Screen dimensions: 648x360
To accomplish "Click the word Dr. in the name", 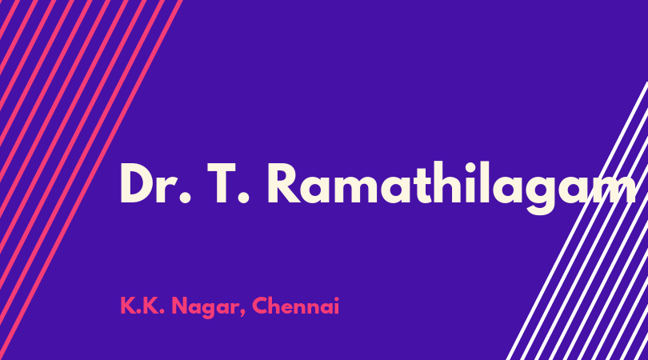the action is point(156,183).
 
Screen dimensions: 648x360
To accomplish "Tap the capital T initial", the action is point(226,183).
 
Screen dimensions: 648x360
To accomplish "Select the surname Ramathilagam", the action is point(452,188).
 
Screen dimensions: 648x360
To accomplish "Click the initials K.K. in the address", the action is point(142,306).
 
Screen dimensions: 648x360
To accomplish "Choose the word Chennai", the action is point(295,306).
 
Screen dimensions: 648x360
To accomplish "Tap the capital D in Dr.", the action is point(138,183).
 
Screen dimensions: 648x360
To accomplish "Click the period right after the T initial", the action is point(244,198).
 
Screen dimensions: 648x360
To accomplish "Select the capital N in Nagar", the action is point(179,306).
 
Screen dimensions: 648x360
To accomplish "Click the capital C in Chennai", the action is point(260,306).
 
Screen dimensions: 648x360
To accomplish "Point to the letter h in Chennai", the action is point(277,306).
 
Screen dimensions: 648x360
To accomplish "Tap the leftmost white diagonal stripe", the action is point(578,221).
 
